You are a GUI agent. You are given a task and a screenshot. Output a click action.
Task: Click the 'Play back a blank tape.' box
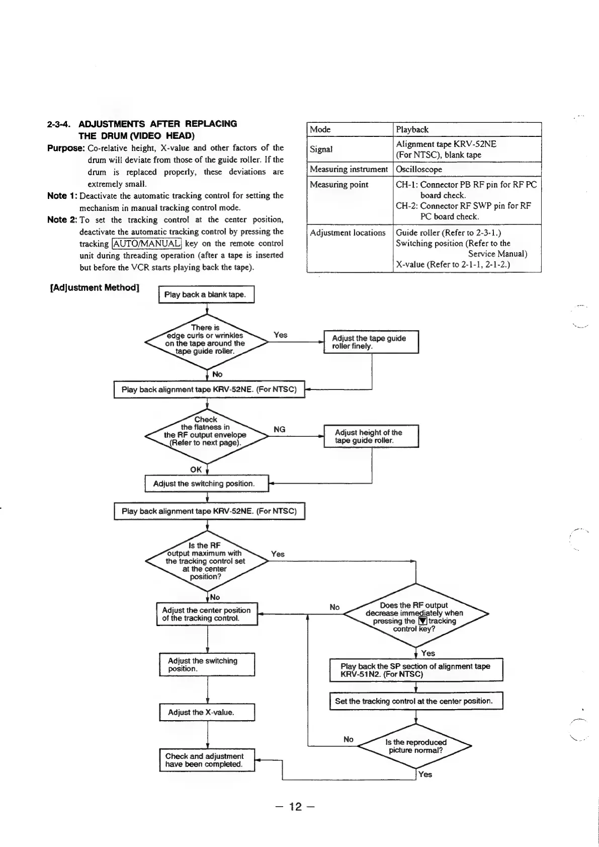click(x=206, y=294)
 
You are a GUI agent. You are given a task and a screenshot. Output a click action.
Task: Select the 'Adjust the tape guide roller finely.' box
click(x=371, y=342)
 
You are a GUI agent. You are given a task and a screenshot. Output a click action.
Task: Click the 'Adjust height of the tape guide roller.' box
click(x=371, y=436)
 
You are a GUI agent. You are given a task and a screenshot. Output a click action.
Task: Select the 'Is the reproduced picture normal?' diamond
click(x=415, y=746)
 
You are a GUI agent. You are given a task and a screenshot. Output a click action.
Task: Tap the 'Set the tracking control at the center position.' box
click(x=416, y=701)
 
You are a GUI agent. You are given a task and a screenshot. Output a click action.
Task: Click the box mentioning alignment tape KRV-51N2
click(x=416, y=670)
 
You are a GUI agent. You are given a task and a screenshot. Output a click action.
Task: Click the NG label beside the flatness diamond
click(x=279, y=429)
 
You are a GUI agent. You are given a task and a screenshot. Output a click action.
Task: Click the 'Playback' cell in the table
click(x=412, y=129)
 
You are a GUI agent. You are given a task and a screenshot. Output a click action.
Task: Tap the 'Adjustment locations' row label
click(x=348, y=233)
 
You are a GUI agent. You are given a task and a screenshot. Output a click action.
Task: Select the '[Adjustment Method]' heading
click(x=95, y=288)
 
